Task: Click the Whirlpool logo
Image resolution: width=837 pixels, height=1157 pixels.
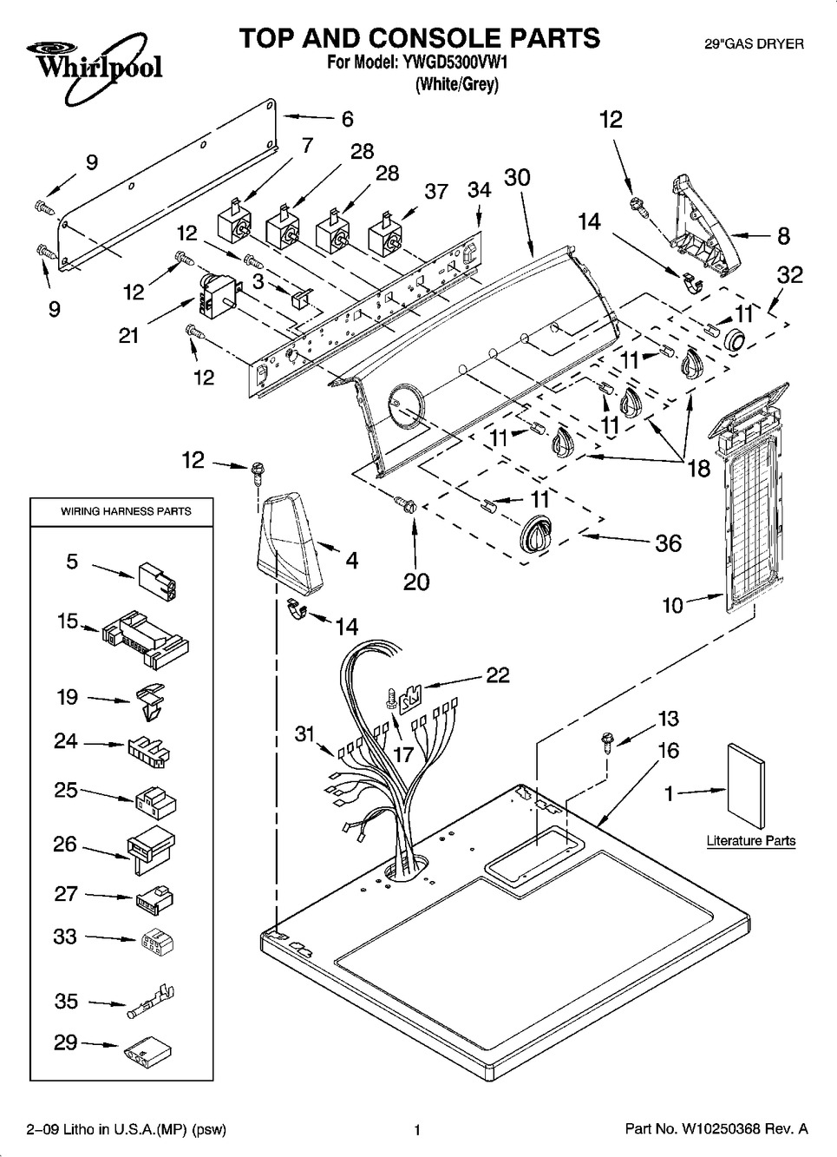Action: click(x=84, y=61)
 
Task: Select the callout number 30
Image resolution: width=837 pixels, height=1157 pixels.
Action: click(x=517, y=178)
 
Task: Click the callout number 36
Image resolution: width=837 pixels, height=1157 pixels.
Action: click(x=668, y=544)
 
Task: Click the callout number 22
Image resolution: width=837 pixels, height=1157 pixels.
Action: click(x=498, y=675)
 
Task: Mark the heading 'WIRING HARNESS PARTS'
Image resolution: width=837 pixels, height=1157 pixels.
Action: click(x=126, y=511)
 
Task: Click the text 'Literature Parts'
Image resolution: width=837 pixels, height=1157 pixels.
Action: click(x=750, y=841)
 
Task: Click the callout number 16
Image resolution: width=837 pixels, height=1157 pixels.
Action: click(x=668, y=751)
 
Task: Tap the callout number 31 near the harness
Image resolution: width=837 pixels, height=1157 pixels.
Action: click(x=304, y=734)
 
